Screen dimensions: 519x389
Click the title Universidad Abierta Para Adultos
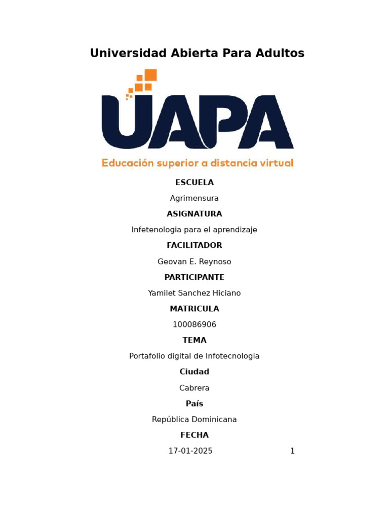click(x=197, y=53)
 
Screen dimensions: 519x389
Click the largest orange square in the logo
click(x=150, y=75)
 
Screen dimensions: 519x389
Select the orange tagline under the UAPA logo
click(x=198, y=163)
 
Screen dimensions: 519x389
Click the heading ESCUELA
click(x=194, y=182)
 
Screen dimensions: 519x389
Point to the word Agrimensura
click(x=194, y=198)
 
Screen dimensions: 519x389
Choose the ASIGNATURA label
click(x=194, y=214)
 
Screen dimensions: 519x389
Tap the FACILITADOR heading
click(x=194, y=245)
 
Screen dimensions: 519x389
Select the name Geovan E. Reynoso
click(x=194, y=262)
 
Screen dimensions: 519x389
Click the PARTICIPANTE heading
click(x=194, y=277)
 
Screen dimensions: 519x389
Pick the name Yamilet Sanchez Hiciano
click(x=194, y=293)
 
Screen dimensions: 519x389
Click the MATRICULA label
click(x=194, y=309)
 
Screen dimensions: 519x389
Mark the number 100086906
click(x=194, y=324)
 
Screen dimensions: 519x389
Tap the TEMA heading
click(x=194, y=340)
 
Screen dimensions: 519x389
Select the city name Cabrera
click(x=194, y=388)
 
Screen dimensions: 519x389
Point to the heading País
click(x=194, y=403)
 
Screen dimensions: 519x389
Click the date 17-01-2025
click(x=190, y=451)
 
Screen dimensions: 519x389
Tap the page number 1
click(x=292, y=451)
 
